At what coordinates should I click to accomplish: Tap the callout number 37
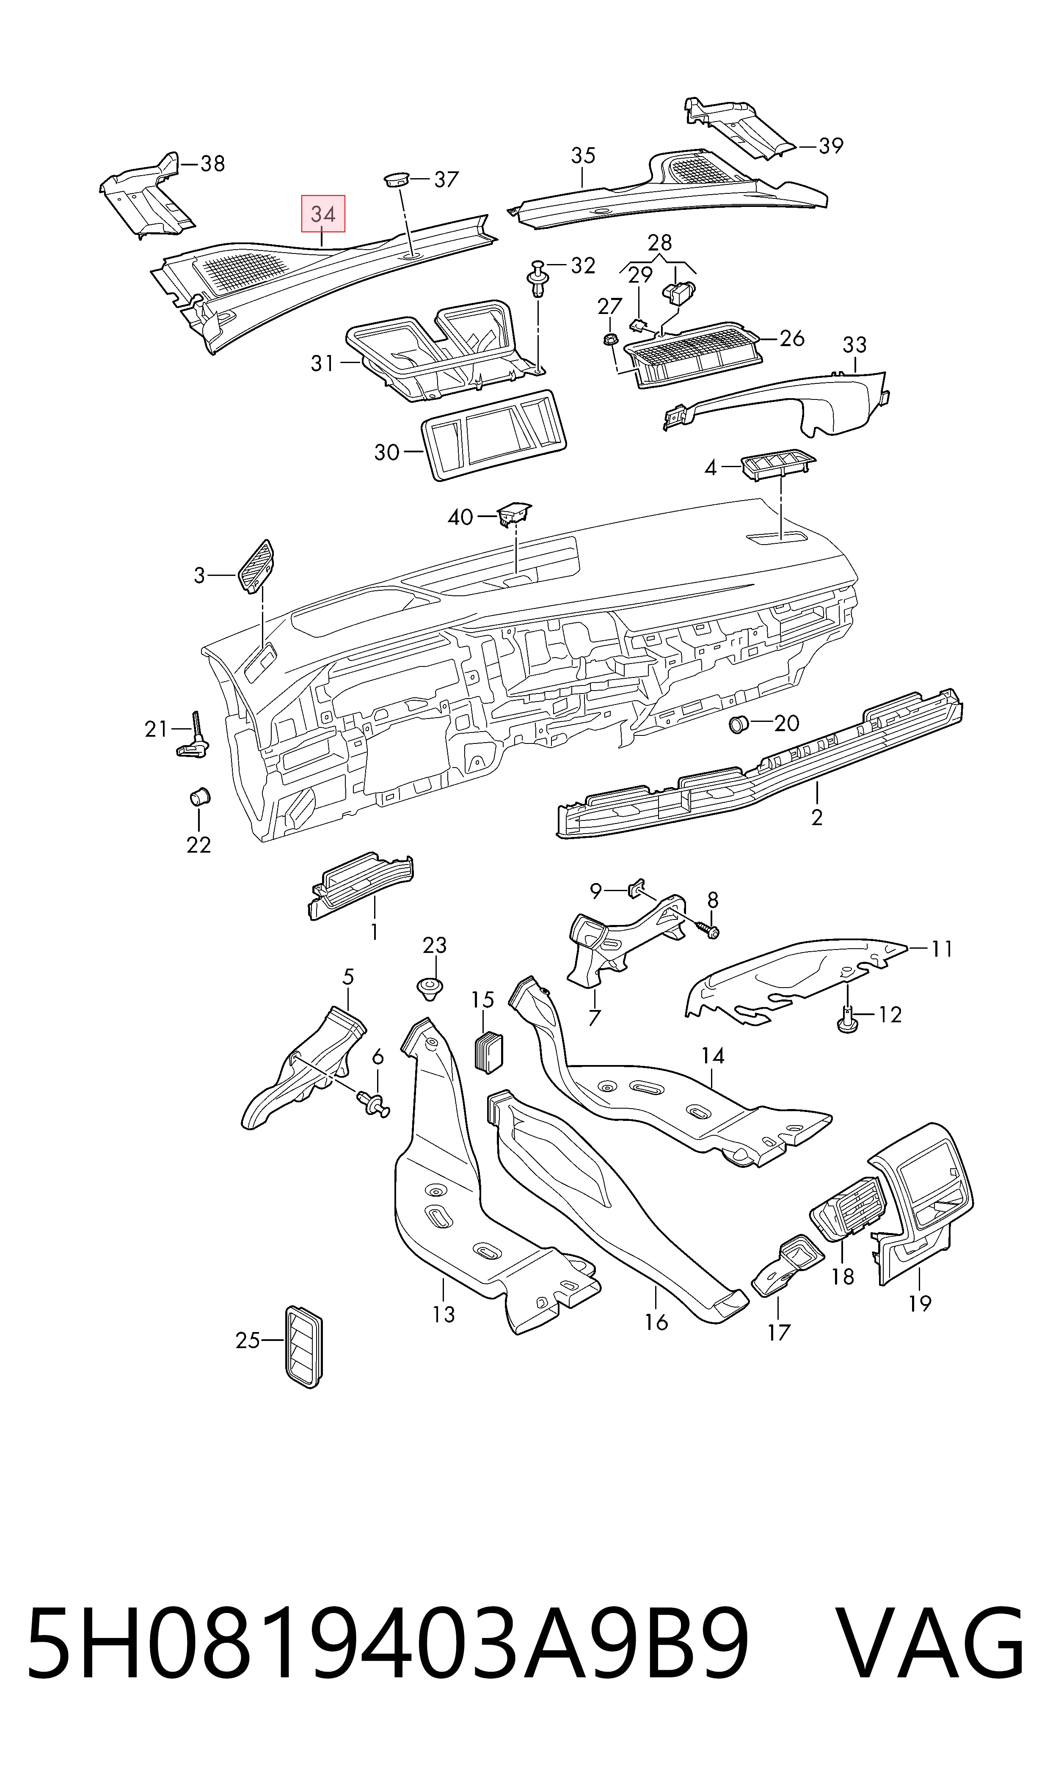click(446, 180)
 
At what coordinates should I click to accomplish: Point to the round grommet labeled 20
click(739, 725)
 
